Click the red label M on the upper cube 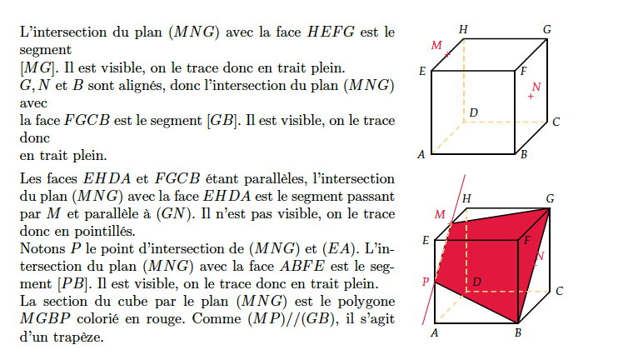point(436,45)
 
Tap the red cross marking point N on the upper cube point(531,97)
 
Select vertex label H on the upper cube point(463,30)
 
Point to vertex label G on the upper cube point(547,30)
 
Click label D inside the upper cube point(474,112)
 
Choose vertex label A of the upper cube point(421,155)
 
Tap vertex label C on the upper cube point(556,122)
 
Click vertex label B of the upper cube point(524,155)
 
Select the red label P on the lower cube point(426,282)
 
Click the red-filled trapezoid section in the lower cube point(488,261)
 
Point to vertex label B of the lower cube point(518,332)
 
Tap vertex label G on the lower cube point(550,198)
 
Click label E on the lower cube point(426,240)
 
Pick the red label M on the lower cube point(440,215)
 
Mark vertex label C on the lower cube point(560,291)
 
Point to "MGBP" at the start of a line point(45,318)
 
